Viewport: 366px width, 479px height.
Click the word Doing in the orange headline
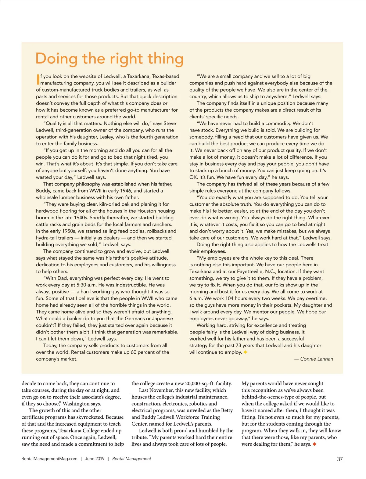[56, 59]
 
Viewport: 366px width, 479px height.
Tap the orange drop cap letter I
[38, 79]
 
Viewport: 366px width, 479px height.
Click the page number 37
[340, 459]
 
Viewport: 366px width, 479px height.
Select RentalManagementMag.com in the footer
[49, 459]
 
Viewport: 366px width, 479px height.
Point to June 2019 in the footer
[95, 459]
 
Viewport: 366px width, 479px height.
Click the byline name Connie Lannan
[317, 359]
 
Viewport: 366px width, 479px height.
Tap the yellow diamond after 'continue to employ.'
[245, 352]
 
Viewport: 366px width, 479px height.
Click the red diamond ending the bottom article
[314, 444]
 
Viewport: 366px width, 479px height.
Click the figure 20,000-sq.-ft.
[196, 384]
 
